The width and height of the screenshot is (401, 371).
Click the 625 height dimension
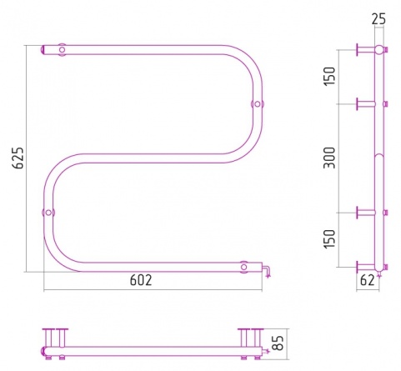click(19, 158)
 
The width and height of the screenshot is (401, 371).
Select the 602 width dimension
click(141, 280)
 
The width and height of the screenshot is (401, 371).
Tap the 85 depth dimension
click(278, 343)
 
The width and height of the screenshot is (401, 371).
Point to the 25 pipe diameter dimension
click(378, 19)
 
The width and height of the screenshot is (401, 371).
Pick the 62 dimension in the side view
click(367, 280)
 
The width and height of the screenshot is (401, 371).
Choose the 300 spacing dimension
click(330, 158)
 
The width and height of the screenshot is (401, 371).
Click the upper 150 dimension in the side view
click(330, 76)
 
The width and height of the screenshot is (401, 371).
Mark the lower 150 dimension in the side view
click(330, 239)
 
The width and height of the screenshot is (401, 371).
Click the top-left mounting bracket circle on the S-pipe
click(62, 50)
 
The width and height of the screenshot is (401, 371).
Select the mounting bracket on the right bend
click(258, 104)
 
